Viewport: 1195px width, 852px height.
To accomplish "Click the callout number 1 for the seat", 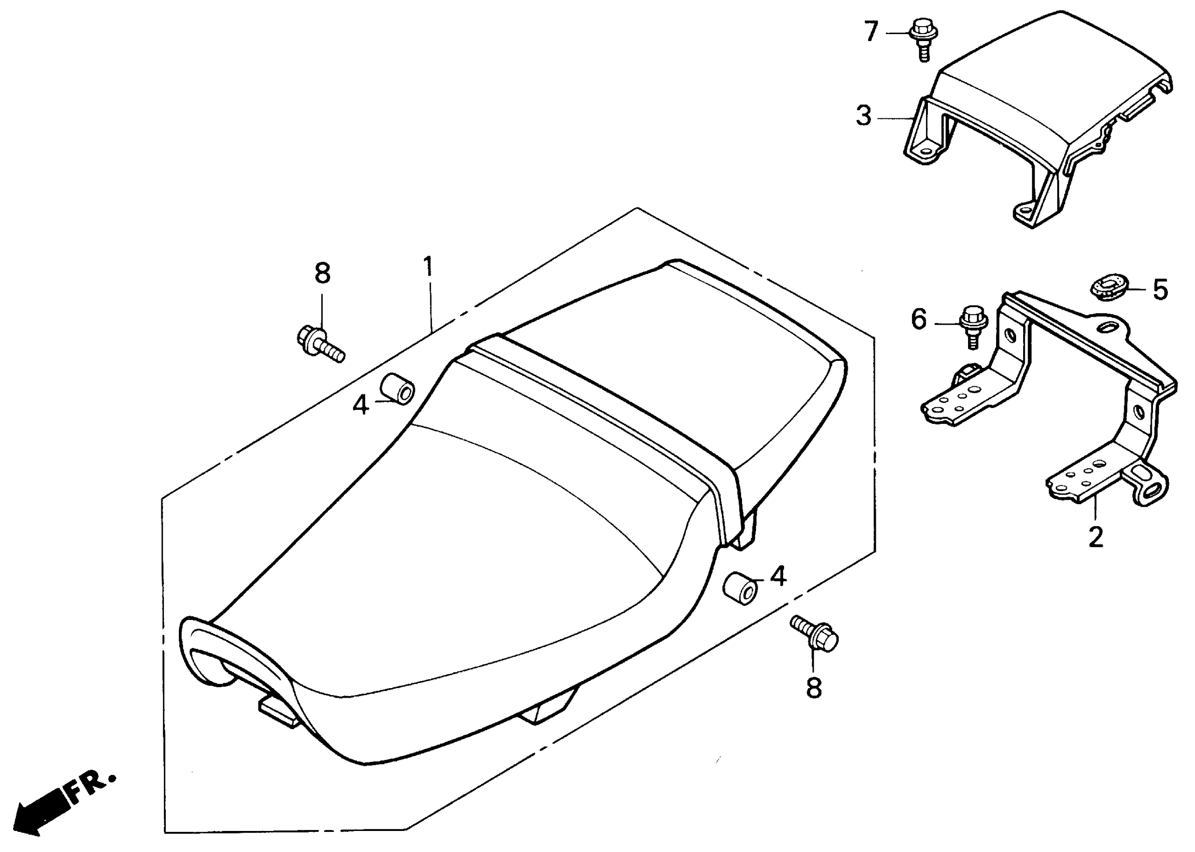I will point(428,267).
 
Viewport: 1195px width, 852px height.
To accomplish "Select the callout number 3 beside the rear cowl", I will point(863,116).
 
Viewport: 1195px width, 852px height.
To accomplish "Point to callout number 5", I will point(1160,290).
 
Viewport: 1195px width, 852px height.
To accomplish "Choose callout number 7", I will point(870,32).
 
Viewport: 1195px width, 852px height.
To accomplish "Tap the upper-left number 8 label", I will point(323,273).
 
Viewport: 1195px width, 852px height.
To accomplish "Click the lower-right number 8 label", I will point(813,688).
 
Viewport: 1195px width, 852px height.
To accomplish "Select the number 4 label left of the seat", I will point(361,405).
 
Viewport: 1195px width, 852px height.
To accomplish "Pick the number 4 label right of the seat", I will point(778,576).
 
